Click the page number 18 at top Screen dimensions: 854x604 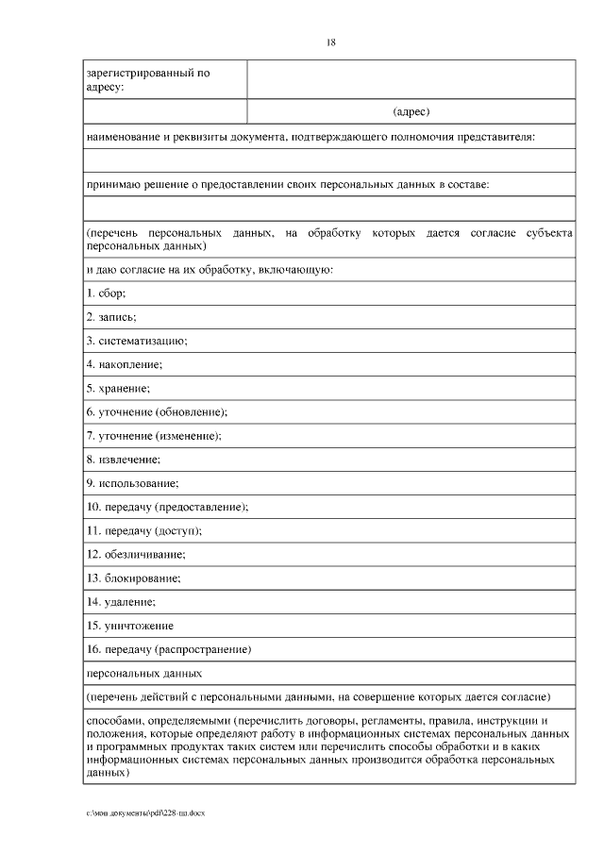point(330,42)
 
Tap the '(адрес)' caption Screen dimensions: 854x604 point(411,111)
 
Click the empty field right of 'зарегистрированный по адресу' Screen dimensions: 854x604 point(411,79)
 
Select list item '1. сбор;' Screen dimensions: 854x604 point(106,293)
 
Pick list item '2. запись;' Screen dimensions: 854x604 point(111,317)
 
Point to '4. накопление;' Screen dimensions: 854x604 point(125,364)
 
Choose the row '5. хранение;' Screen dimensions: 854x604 point(118,388)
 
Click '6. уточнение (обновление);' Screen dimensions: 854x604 point(157,411)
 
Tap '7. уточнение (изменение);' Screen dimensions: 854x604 point(154,435)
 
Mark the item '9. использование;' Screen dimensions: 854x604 point(132,483)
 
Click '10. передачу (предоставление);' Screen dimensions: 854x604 point(167,507)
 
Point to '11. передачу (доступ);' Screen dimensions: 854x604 point(143,530)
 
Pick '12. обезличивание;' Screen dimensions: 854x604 point(136,554)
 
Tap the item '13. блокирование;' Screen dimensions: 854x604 point(134,578)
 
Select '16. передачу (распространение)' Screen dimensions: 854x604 point(168,649)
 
